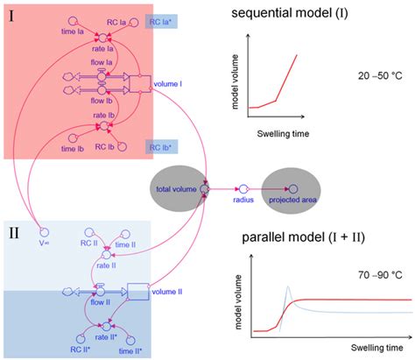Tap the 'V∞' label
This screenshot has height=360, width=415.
click(43, 231)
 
